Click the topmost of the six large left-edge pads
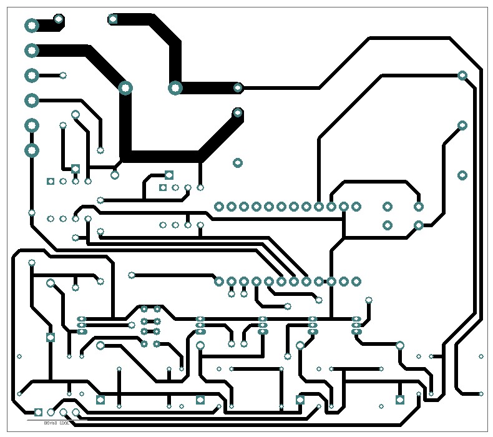pyautogui.click(x=32, y=26)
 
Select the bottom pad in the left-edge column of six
pyautogui.click(x=32, y=150)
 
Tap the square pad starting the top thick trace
pyautogui.click(x=113, y=19)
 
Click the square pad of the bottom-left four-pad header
pyautogui.click(x=38, y=412)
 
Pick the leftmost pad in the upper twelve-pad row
pyautogui.click(x=219, y=207)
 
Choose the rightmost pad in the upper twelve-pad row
pyautogui.click(x=356, y=207)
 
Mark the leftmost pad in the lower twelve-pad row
pyautogui.click(x=219, y=282)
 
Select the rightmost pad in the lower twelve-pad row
pyautogui.click(x=356, y=282)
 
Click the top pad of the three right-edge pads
pyautogui.click(x=462, y=76)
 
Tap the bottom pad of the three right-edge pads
pyautogui.click(x=462, y=175)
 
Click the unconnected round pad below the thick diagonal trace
pyautogui.click(x=238, y=163)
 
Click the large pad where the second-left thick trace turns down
pyautogui.click(x=125, y=88)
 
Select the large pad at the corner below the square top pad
pyautogui.click(x=175, y=88)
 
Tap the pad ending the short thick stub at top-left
pyautogui.click(x=59, y=19)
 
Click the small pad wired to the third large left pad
pyautogui.click(x=63, y=76)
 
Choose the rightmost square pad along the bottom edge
pyautogui.click(x=400, y=400)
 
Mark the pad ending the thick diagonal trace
pyautogui.click(x=238, y=113)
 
